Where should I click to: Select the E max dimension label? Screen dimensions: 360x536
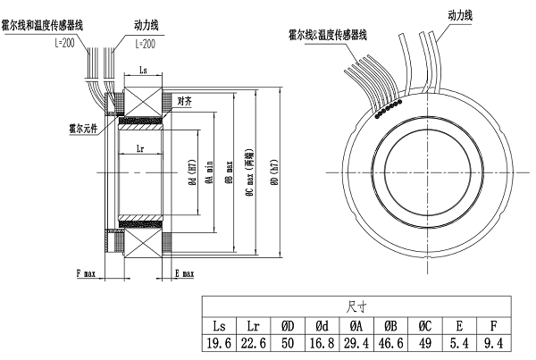(185, 275)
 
